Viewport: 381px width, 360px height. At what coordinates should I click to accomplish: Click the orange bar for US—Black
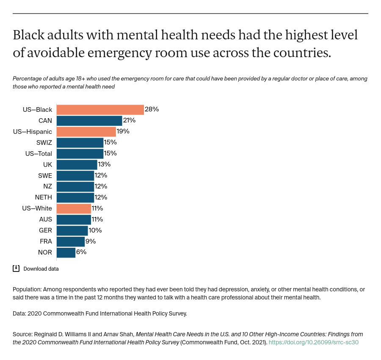pyautogui.click(x=100, y=109)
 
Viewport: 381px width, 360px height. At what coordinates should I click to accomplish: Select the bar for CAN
pyautogui.click(x=89, y=120)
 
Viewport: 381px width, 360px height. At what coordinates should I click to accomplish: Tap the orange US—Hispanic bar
pyautogui.click(x=86, y=131)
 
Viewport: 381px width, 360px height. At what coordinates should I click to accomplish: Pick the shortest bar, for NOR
pyautogui.click(x=66, y=252)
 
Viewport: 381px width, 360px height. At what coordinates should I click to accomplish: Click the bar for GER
pyautogui.click(x=72, y=230)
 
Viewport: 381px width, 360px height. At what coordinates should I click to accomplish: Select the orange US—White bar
pyautogui.click(x=74, y=208)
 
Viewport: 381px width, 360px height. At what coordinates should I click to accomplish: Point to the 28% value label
pyautogui.click(x=152, y=109)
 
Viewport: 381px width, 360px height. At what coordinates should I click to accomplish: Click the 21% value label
pyautogui.click(x=129, y=120)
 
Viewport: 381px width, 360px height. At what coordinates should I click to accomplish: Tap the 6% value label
pyautogui.click(x=81, y=252)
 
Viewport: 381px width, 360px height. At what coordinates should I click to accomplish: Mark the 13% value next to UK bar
pyautogui.click(x=104, y=164)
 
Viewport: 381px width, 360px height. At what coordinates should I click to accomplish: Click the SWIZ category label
pyautogui.click(x=44, y=142)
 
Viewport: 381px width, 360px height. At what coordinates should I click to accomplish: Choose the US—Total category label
pyautogui.click(x=39, y=153)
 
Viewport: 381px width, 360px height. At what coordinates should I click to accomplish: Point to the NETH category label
pyautogui.click(x=44, y=197)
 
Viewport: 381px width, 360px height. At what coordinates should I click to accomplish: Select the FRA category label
pyautogui.click(x=45, y=241)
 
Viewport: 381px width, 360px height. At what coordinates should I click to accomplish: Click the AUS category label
pyautogui.click(x=45, y=219)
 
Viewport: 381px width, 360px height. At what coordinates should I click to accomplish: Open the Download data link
pyautogui.click(x=41, y=269)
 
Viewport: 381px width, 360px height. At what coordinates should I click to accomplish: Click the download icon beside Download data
pyautogui.click(x=16, y=268)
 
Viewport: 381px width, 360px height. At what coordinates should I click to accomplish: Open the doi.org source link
pyautogui.click(x=313, y=342)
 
